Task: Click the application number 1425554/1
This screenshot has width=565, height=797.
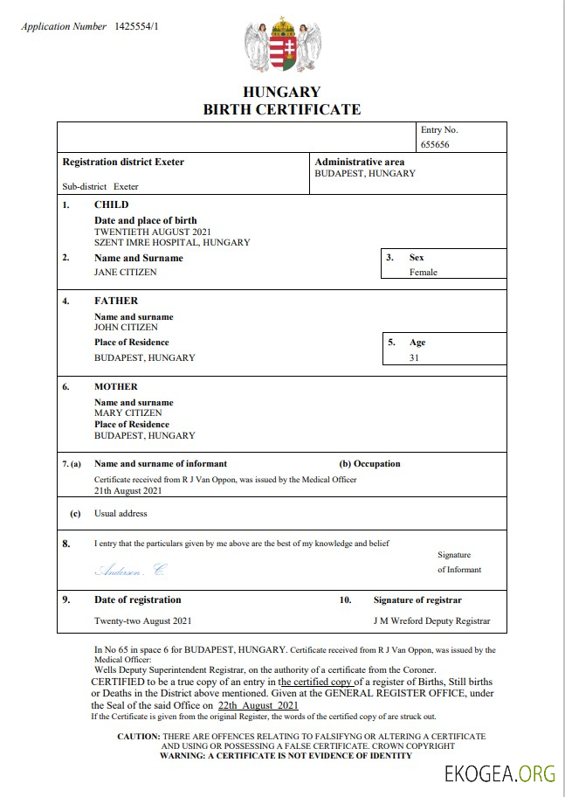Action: pos(137,26)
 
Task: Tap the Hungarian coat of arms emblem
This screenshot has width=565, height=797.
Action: pos(282,48)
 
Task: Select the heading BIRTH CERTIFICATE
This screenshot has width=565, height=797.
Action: pos(281,109)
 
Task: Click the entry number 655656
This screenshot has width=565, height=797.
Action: pos(435,145)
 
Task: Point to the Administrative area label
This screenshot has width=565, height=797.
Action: pos(359,162)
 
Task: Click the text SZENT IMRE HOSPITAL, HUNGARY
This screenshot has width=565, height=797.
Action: pos(172,242)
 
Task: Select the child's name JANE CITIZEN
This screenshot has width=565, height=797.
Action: pos(126,272)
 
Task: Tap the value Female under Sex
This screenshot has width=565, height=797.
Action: pos(424,272)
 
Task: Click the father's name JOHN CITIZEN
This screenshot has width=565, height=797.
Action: pos(127,327)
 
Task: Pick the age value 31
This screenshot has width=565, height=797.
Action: pos(415,357)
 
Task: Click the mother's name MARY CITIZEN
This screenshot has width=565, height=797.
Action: pos(127,412)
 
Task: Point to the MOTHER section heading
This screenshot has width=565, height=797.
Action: pos(116,386)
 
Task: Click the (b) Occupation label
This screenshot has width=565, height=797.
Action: pos(369,464)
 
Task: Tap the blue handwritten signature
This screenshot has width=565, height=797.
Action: pos(129,570)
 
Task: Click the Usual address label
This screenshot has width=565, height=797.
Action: pos(121,514)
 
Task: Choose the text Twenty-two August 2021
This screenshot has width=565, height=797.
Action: pos(143,621)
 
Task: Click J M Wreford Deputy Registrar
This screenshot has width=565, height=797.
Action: pos(431,621)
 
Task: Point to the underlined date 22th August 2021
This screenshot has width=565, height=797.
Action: pos(258,705)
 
